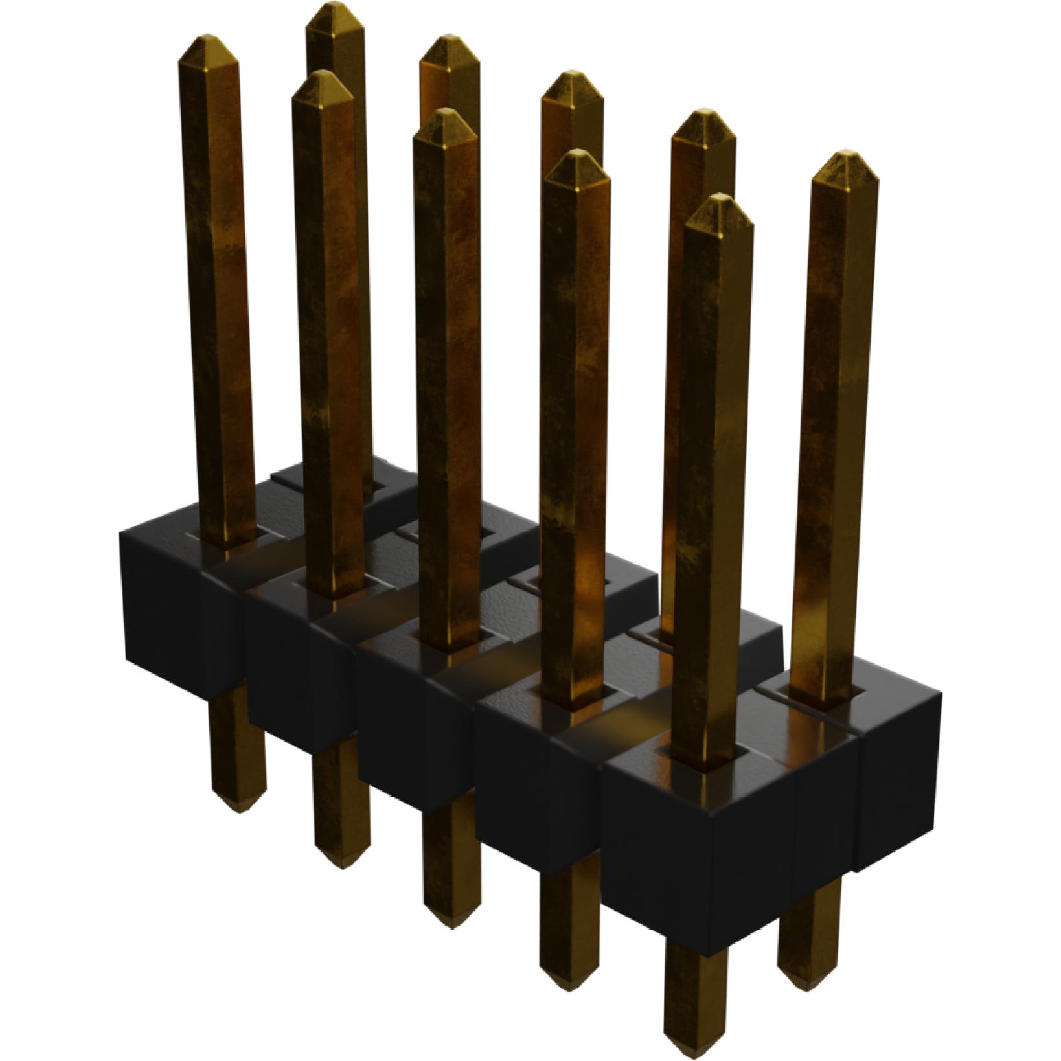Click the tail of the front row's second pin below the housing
tap(342, 810)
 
